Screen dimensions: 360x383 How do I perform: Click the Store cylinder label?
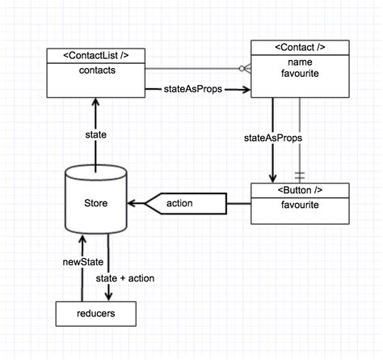click(96, 203)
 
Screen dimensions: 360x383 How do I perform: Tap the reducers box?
click(96, 312)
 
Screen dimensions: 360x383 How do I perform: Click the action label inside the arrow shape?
click(179, 203)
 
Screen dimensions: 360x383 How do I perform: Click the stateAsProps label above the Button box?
click(273, 138)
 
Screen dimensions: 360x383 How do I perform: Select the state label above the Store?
click(96, 134)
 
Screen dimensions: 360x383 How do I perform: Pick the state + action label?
click(125, 278)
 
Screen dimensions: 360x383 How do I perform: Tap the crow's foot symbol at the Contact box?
click(245, 70)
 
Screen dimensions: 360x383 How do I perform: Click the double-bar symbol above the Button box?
click(301, 174)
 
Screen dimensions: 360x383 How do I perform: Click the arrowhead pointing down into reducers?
click(108, 296)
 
